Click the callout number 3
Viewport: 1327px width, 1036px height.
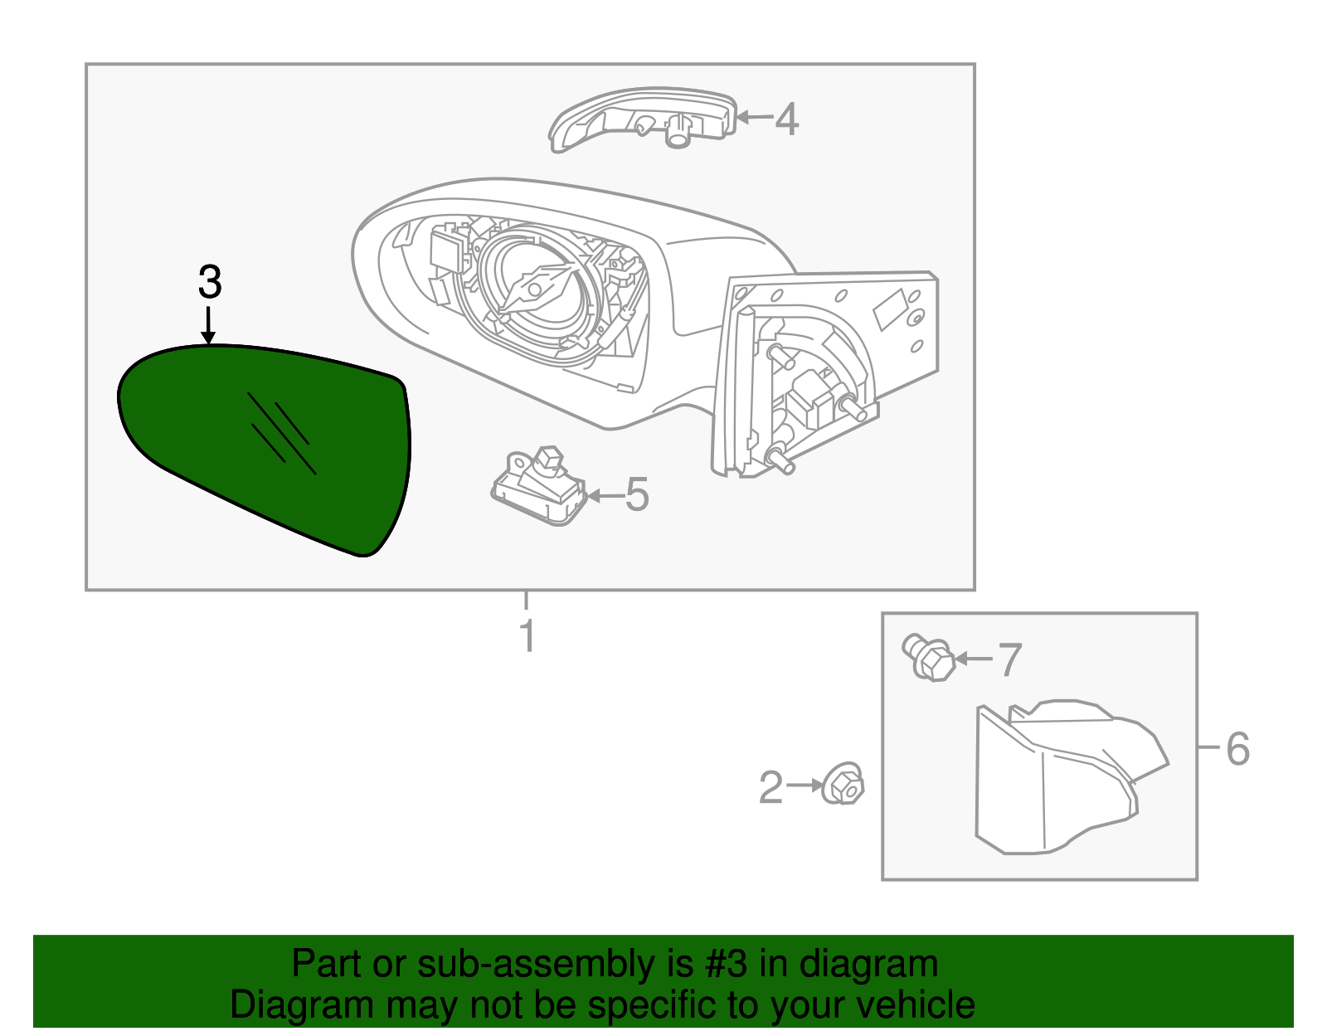[x=210, y=283]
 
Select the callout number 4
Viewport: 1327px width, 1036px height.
[x=786, y=119]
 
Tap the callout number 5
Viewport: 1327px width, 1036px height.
[x=636, y=495]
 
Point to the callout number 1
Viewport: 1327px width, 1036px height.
[x=527, y=636]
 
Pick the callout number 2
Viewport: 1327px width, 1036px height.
[x=770, y=787]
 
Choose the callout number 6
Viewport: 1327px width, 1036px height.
[x=1237, y=749]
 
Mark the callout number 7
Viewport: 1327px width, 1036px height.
[x=1009, y=660]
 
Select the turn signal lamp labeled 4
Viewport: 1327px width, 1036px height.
[x=643, y=119]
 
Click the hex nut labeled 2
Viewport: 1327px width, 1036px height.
[x=843, y=783]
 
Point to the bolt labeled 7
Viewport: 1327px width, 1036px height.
[x=929, y=659]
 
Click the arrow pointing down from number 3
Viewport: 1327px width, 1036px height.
[x=208, y=325]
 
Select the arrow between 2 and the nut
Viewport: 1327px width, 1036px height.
[x=804, y=785]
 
